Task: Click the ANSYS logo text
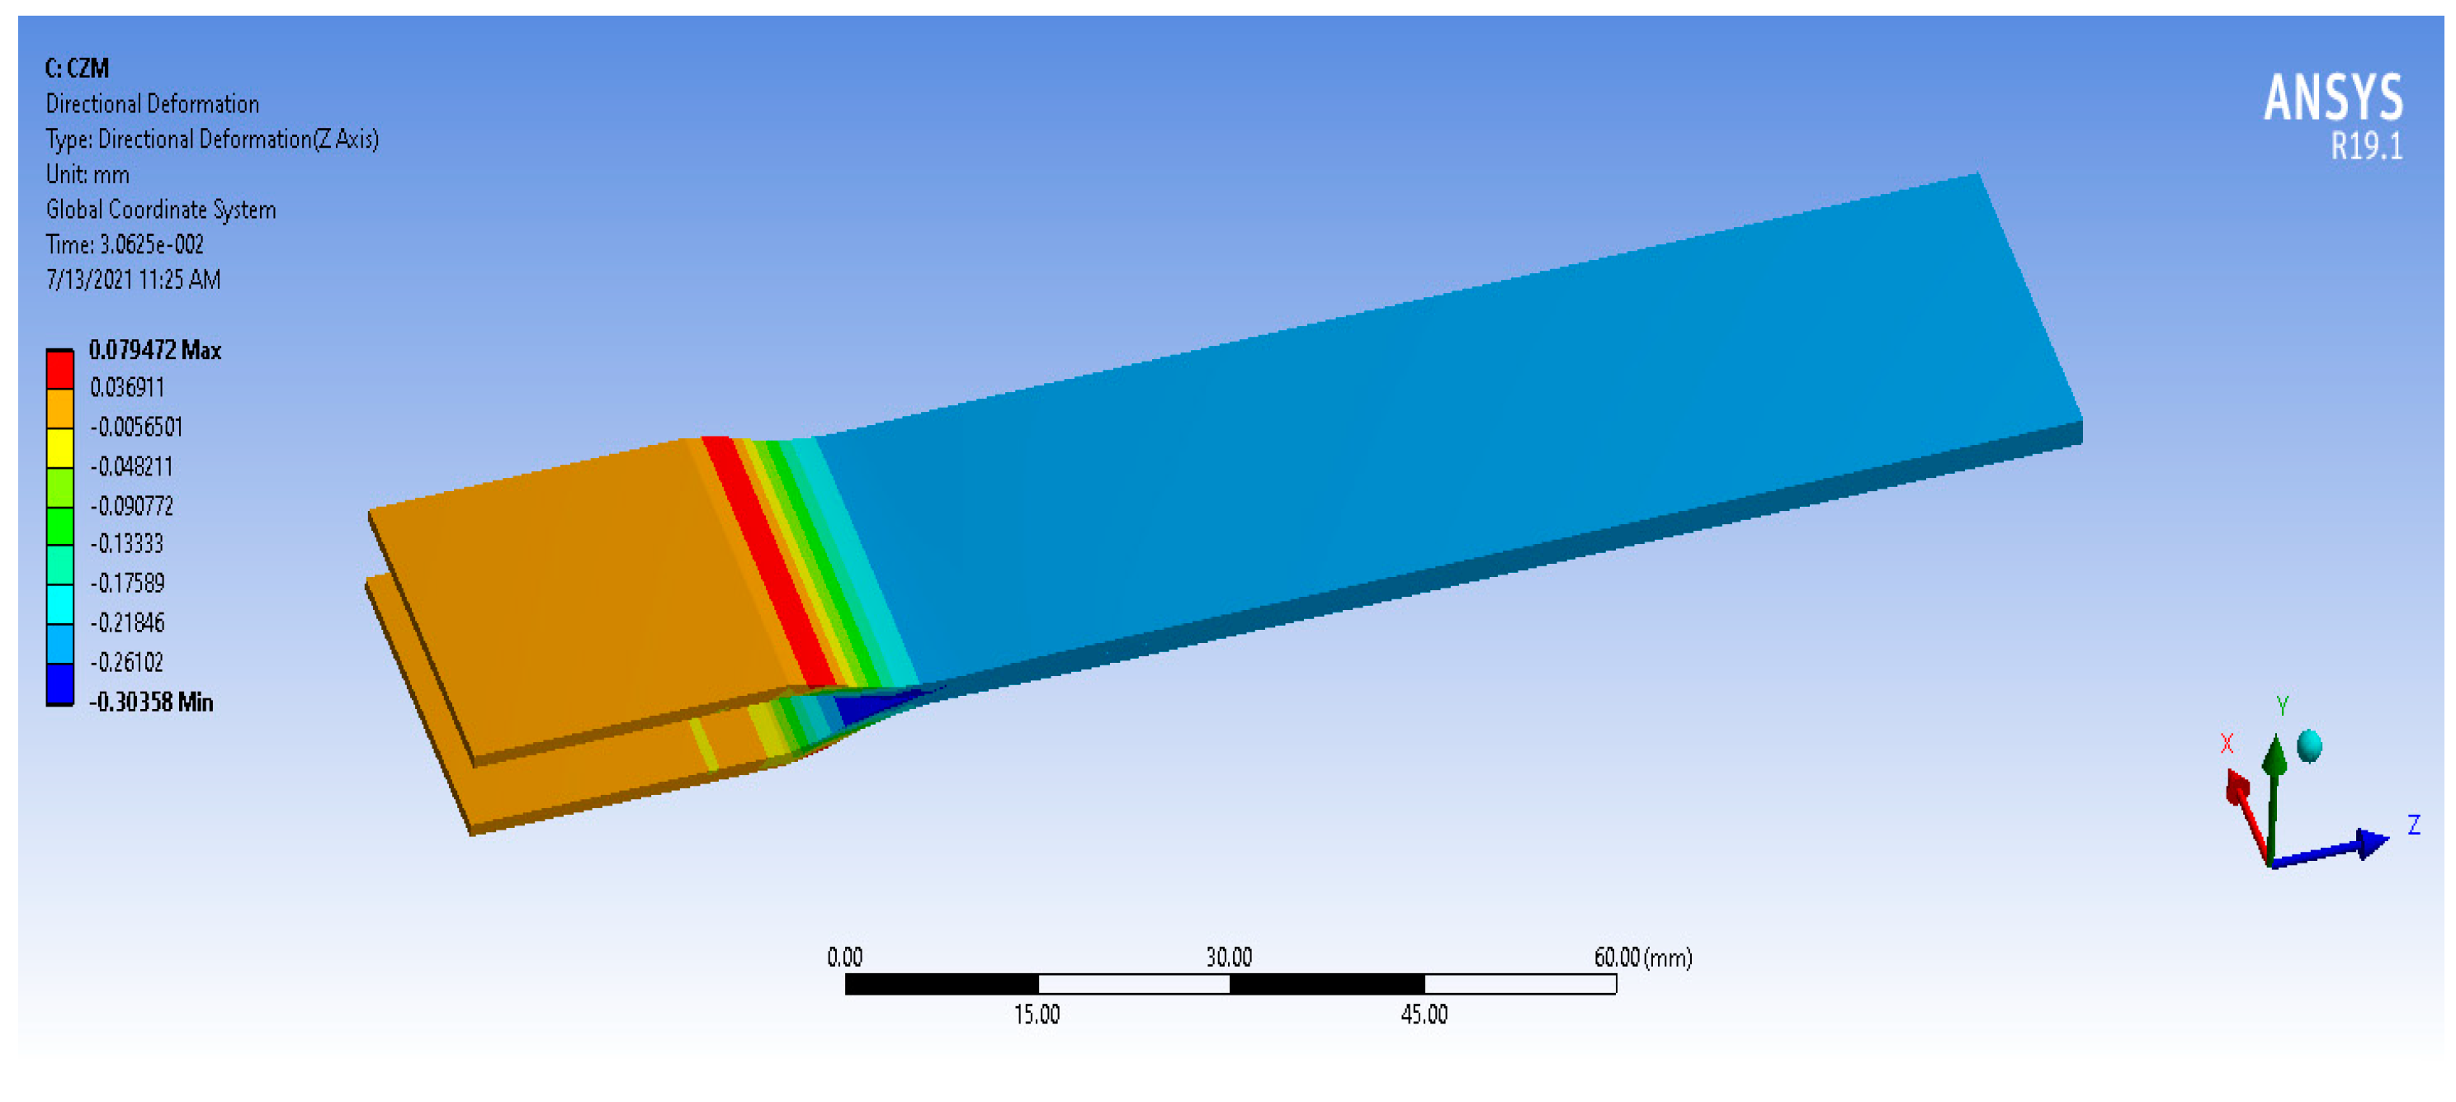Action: tap(2333, 97)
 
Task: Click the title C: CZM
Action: tap(78, 68)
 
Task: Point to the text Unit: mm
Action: tap(87, 174)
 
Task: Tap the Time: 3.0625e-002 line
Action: tap(125, 245)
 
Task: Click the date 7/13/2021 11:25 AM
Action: tap(134, 279)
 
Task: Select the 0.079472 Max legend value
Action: tap(154, 350)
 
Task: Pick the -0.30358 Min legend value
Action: tap(151, 702)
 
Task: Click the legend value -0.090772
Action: tap(131, 505)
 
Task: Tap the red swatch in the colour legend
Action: tap(60, 370)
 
